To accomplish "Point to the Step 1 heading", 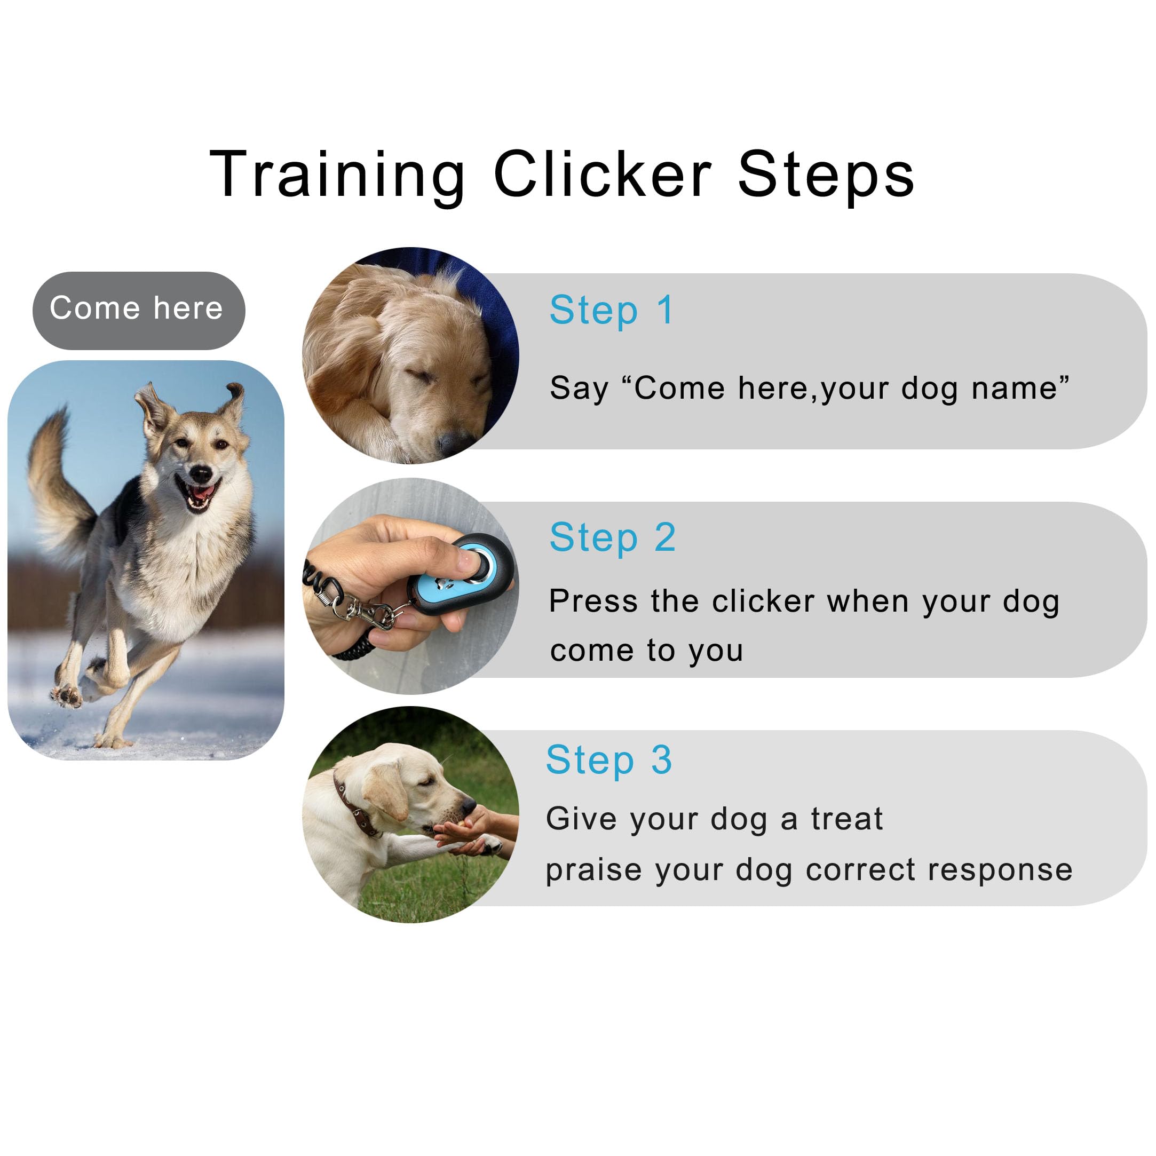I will [612, 311].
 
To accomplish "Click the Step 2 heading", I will [613, 537].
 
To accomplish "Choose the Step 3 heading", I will [609, 760].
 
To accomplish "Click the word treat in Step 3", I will [846, 819].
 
